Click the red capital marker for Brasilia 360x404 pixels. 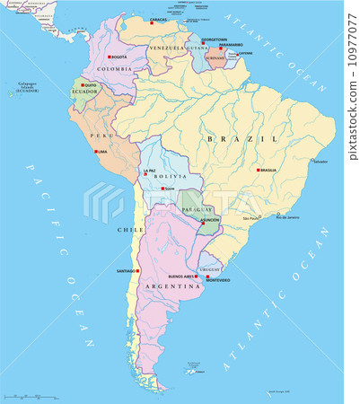(259, 170)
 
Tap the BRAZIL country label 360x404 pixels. (254, 139)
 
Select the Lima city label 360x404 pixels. (102, 152)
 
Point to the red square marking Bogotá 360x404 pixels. (110, 57)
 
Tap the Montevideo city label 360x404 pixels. (217, 280)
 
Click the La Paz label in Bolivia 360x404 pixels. (149, 170)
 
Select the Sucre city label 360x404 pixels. (168, 189)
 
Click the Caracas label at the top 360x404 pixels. (158, 19)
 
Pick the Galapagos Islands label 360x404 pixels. (22, 88)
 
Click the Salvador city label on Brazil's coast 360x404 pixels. (320, 163)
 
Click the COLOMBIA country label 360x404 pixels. (114, 68)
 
